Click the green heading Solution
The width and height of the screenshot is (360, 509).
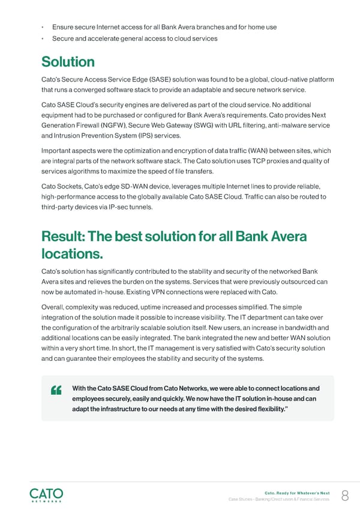click(x=68, y=62)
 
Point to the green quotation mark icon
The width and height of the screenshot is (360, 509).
click(x=58, y=390)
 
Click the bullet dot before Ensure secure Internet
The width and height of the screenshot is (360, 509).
click(x=43, y=27)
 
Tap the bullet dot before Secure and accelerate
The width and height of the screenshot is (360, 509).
click(x=43, y=39)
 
